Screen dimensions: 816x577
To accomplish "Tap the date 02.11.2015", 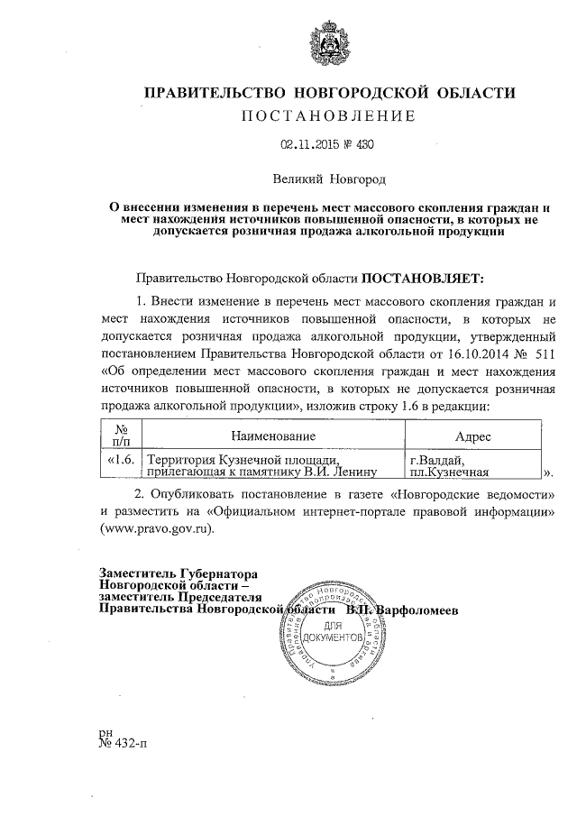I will [x=307, y=143].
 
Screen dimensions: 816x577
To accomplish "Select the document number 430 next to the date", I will [x=364, y=143].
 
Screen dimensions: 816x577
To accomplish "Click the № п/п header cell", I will [x=120, y=436].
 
